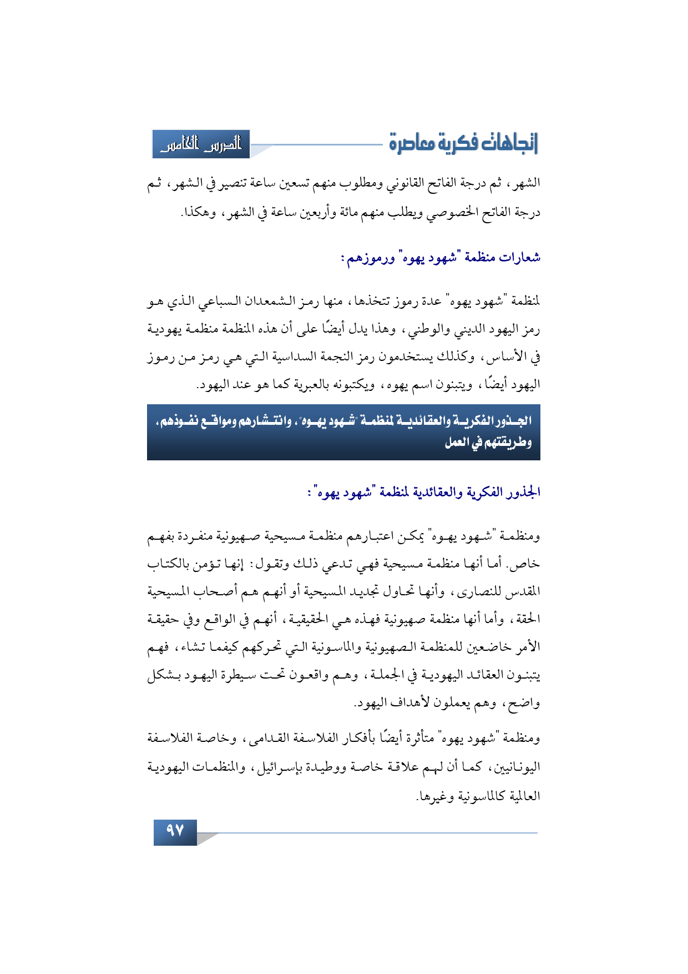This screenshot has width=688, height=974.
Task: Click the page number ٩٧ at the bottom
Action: point(175,831)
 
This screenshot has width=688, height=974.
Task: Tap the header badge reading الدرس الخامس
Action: point(201,145)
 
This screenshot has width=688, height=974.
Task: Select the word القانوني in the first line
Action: point(405,183)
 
